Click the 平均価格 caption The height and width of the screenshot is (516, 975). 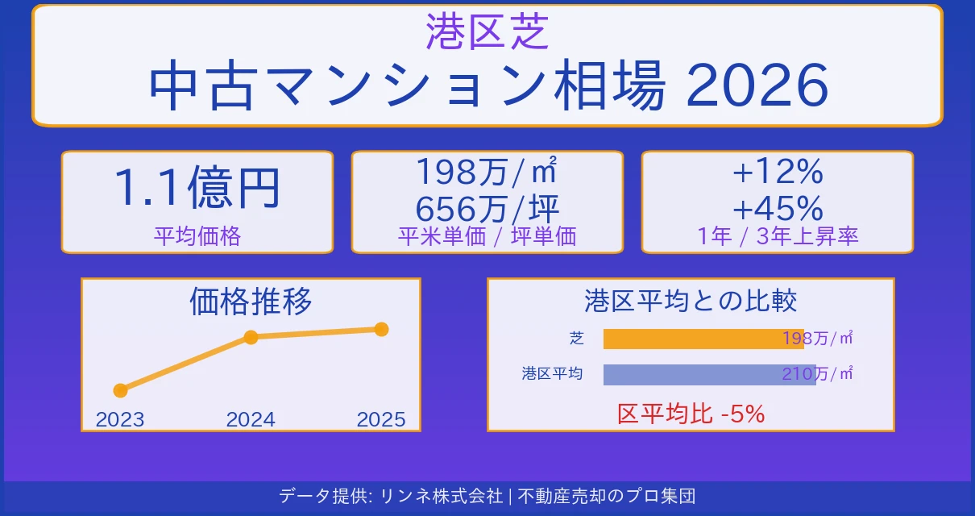(x=197, y=235)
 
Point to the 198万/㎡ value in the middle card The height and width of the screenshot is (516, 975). (x=487, y=171)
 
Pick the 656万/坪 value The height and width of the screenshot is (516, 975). (x=487, y=209)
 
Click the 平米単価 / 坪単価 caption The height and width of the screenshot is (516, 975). (x=487, y=235)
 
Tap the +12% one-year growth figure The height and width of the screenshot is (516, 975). (x=777, y=171)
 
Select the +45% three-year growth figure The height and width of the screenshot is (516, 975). (x=777, y=209)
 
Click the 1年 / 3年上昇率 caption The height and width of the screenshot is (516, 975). (x=777, y=235)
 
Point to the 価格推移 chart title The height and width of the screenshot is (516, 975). (x=251, y=302)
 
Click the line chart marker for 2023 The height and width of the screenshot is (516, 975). (x=121, y=390)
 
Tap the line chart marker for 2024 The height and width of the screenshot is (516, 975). (x=251, y=337)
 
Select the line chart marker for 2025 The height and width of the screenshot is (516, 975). (x=381, y=329)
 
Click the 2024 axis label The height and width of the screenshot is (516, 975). (x=251, y=419)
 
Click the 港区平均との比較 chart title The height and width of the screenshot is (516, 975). (x=691, y=301)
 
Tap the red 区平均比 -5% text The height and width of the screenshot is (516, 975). (x=691, y=414)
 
